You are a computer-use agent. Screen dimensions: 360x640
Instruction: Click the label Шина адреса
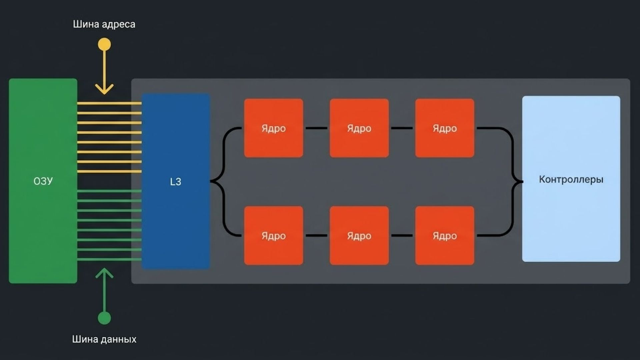pyautogui.click(x=104, y=24)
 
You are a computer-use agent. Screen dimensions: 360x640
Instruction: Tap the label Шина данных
pyautogui.click(x=104, y=339)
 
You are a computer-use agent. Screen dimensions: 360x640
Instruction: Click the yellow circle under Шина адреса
pyautogui.click(x=104, y=44)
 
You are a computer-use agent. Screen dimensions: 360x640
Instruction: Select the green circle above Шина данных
pyautogui.click(x=104, y=318)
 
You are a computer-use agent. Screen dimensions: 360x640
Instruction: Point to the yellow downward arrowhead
pyautogui.click(x=104, y=90)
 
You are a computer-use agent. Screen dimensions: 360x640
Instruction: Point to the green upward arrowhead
pyautogui.click(x=104, y=273)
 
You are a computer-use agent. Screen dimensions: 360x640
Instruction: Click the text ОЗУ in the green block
pyautogui.click(x=43, y=181)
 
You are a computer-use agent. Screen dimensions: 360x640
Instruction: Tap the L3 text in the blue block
pyautogui.click(x=175, y=182)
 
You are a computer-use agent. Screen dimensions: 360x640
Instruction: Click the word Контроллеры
pyautogui.click(x=571, y=179)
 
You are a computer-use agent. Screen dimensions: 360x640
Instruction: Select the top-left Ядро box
pyautogui.click(x=274, y=128)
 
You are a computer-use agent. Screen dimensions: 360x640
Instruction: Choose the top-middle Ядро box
pyautogui.click(x=359, y=128)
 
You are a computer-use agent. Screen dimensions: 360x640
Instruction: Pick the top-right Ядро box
pyautogui.click(x=445, y=128)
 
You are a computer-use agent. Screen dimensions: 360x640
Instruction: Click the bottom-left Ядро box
pyautogui.click(x=274, y=236)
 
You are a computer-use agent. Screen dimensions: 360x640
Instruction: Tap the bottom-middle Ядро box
pyautogui.click(x=359, y=236)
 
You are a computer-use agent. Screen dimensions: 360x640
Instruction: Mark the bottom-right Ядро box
pyautogui.click(x=445, y=236)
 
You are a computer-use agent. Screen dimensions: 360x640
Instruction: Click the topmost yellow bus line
pyautogui.click(x=109, y=103)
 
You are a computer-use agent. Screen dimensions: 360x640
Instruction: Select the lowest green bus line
pyautogui.click(x=109, y=259)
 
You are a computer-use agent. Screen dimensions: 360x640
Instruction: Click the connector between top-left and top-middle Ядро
pyautogui.click(x=316, y=128)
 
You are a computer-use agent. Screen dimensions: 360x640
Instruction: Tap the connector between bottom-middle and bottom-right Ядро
pyautogui.click(x=402, y=236)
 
